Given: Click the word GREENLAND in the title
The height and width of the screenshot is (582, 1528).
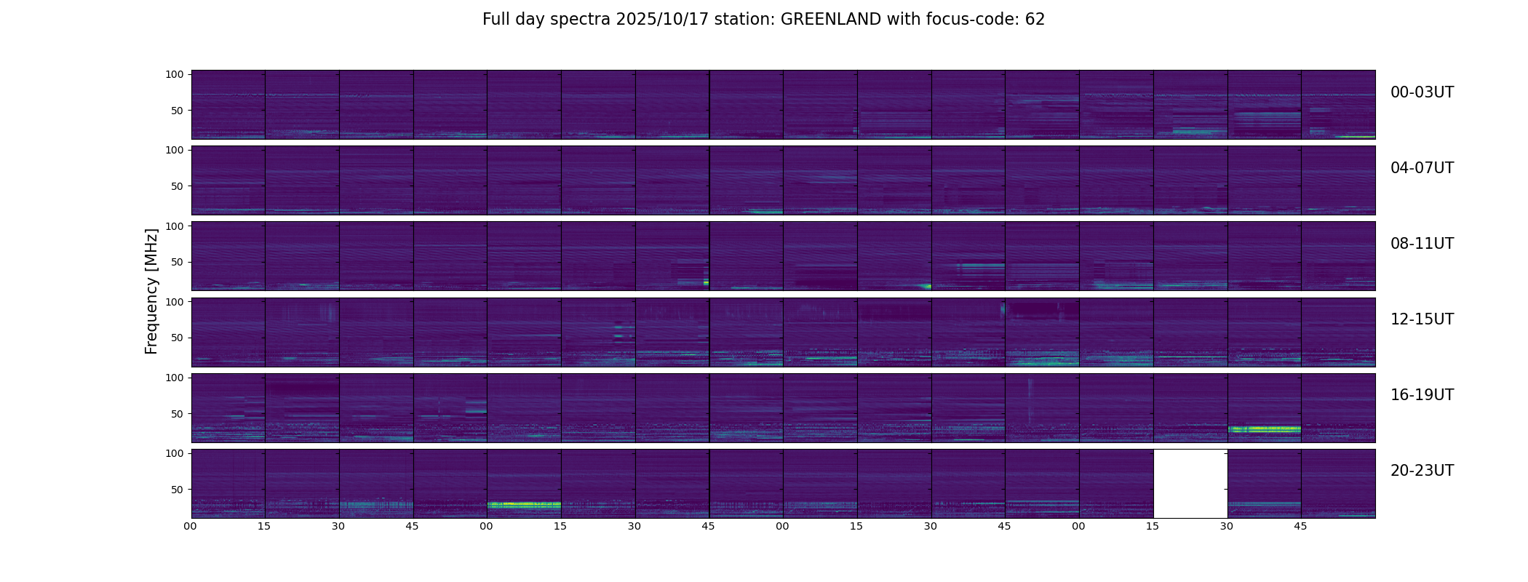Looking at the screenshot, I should point(830,20).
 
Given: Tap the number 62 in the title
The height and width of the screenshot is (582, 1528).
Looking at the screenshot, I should point(1035,20).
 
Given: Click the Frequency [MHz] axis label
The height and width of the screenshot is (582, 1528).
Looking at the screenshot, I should point(151,291).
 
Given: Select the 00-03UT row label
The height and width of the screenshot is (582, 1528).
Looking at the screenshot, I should point(1422,92).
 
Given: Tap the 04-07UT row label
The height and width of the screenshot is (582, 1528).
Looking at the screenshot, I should point(1422,168).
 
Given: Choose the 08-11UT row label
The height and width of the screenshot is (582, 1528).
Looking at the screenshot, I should point(1422,244).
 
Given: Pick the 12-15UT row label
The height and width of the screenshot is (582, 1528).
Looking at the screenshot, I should point(1422,319).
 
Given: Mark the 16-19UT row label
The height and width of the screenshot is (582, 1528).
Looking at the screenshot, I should point(1422,395).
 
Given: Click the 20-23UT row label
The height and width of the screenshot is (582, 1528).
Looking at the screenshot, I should point(1422,471).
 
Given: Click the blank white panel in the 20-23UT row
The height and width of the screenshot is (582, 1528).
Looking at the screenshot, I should point(1190,484).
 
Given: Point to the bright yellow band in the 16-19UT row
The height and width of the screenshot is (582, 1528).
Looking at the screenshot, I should point(1264,429).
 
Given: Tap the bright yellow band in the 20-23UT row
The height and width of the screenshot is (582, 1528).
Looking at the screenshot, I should point(524,504).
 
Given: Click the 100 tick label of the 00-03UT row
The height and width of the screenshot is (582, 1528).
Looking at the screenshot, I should point(173,74).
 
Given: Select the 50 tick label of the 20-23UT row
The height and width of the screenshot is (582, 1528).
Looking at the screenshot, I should point(176,490).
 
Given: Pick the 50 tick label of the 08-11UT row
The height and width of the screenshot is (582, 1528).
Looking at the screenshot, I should point(176,262).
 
